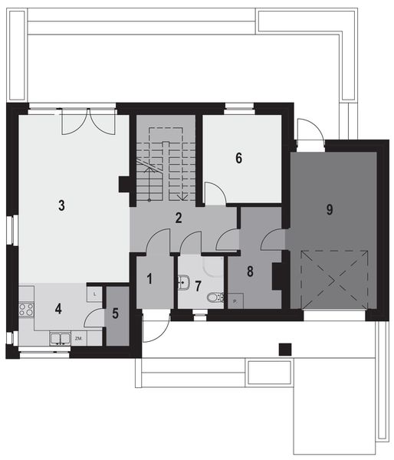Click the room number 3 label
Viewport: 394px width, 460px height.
click(x=61, y=205)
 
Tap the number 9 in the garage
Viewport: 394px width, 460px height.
click(x=329, y=209)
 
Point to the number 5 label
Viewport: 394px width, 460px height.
click(x=116, y=313)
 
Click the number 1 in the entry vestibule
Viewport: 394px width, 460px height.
click(x=150, y=278)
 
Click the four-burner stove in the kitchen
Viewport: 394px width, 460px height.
click(x=26, y=310)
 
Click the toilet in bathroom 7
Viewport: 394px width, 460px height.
click(x=215, y=298)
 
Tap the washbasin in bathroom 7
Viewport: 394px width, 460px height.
click(x=183, y=284)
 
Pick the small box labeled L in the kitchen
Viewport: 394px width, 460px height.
click(x=93, y=293)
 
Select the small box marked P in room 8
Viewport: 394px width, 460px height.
click(x=234, y=301)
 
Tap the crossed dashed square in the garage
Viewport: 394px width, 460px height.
click(x=335, y=281)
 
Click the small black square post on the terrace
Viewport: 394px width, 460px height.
click(x=285, y=349)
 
